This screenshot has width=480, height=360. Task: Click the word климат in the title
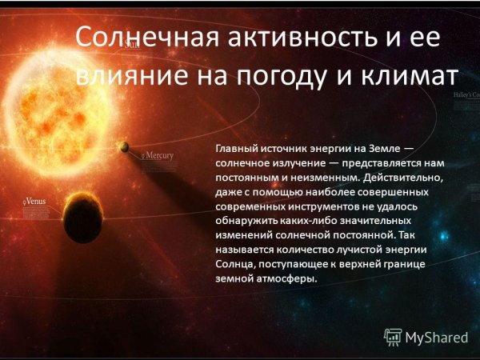click(408, 77)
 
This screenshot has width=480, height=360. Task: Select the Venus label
click(34, 202)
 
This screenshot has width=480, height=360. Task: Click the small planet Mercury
click(124, 146)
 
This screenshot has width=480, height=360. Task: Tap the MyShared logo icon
click(392, 337)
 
